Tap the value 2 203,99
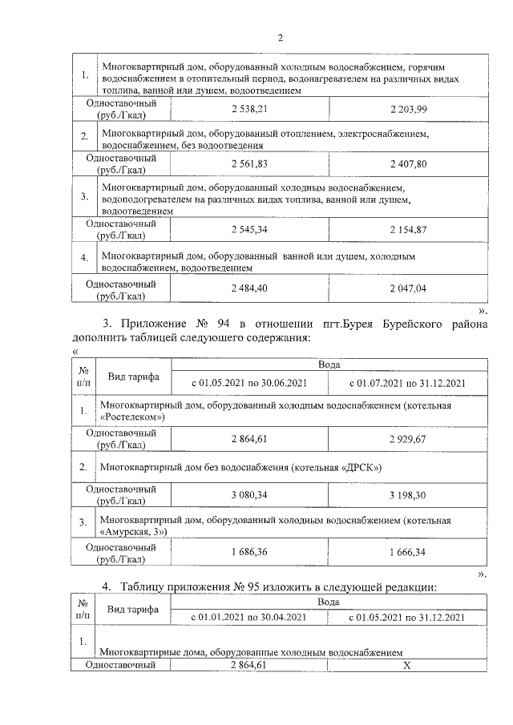409,108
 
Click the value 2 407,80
409,163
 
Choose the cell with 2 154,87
409,230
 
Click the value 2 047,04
409,288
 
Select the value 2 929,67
409,438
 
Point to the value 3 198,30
409,495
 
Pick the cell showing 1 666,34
409,553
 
